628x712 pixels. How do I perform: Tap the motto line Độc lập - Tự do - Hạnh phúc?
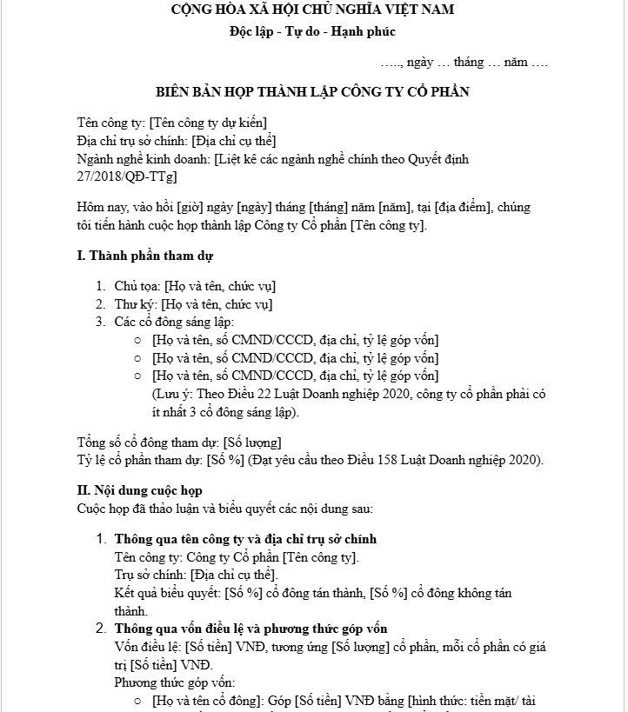tap(312, 31)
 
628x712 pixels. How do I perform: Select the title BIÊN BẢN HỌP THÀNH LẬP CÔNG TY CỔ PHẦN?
tap(312, 91)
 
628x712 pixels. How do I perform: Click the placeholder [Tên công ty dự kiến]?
tap(209, 123)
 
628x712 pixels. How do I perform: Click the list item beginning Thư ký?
tap(193, 304)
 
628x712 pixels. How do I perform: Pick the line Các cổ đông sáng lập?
tap(169, 323)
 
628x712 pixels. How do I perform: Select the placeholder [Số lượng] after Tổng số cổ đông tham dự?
tap(252, 442)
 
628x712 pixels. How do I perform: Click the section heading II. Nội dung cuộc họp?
tap(139, 490)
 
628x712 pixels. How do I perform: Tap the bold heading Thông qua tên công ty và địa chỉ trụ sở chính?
tap(245, 539)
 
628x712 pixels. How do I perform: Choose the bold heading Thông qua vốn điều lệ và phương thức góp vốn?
tap(251, 629)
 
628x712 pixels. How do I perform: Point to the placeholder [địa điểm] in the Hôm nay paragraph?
tap(456, 208)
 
